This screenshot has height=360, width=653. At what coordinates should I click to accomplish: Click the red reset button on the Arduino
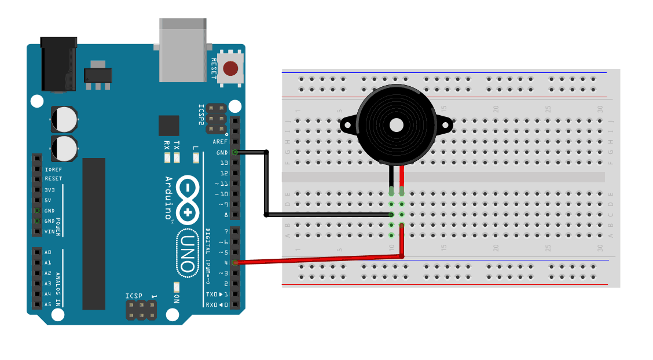[x=230, y=69]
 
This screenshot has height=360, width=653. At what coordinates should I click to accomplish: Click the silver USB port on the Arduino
[x=182, y=49]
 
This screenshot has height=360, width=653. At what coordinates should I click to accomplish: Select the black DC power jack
[x=58, y=64]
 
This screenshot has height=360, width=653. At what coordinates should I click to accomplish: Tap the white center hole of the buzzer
[x=397, y=125]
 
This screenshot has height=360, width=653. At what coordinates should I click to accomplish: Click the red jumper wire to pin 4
[x=318, y=260]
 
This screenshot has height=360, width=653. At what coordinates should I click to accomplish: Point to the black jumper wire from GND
[x=266, y=185]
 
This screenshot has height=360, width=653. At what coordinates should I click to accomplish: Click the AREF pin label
[x=220, y=142]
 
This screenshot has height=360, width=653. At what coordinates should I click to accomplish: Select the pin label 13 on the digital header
[x=223, y=163]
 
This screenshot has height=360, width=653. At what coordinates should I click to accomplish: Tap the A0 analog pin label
[x=47, y=252]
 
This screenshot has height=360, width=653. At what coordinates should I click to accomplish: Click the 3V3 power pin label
[x=50, y=190]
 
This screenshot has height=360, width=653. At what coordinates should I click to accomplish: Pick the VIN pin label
[x=50, y=232]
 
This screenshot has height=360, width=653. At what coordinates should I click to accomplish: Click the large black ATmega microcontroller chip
[x=94, y=233]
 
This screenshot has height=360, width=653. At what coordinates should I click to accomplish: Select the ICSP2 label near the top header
[x=201, y=115]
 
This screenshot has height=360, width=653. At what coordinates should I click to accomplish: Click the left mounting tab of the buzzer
[x=348, y=124]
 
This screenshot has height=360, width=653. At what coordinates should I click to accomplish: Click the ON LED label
[x=177, y=298]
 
